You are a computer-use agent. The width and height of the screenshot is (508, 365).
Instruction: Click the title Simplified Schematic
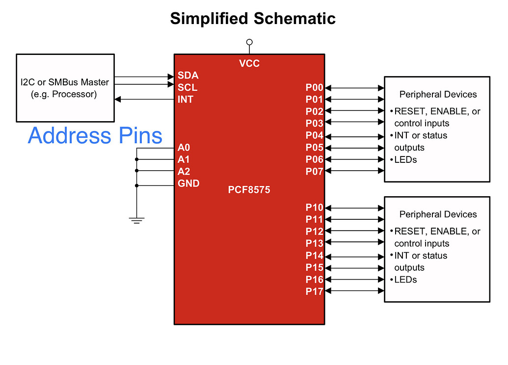[x=253, y=19]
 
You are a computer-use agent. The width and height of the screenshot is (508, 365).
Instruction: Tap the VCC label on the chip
[x=249, y=63]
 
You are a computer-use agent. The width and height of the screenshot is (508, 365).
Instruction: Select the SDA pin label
[x=188, y=76]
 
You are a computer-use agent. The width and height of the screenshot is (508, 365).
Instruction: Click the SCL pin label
[x=187, y=88]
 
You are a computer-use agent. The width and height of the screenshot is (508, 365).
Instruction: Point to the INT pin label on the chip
[x=186, y=100]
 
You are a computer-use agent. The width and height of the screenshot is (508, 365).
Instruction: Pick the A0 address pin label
[x=184, y=148]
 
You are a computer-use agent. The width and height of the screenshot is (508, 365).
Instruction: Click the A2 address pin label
[x=184, y=171]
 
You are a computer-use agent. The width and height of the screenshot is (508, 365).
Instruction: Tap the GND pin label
[x=188, y=183]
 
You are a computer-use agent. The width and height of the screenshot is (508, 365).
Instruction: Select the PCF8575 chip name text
[x=249, y=189]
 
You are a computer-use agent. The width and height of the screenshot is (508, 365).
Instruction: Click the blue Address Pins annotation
[x=95, y=135]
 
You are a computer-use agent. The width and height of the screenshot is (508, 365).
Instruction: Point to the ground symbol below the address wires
[x=136, y=220]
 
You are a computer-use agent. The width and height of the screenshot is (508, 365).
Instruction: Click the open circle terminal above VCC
[x=249, y=42]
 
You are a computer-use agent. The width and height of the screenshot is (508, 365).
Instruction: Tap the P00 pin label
[x=315, y=88]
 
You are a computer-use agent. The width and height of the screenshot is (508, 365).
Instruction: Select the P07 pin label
[x=315, y=171]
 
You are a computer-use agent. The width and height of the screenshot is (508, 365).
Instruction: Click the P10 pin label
[x=315, y=208]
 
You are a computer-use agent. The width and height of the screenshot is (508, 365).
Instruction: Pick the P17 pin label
[x=315, y=291]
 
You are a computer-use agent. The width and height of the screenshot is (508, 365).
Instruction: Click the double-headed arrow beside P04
[x=354, y=136]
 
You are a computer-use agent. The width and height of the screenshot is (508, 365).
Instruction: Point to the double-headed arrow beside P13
[x=354, y=242]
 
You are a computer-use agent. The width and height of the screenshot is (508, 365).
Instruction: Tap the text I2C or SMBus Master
[x=65, y=82]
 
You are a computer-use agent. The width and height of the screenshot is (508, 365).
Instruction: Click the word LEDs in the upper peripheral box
[x=405, y=159]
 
